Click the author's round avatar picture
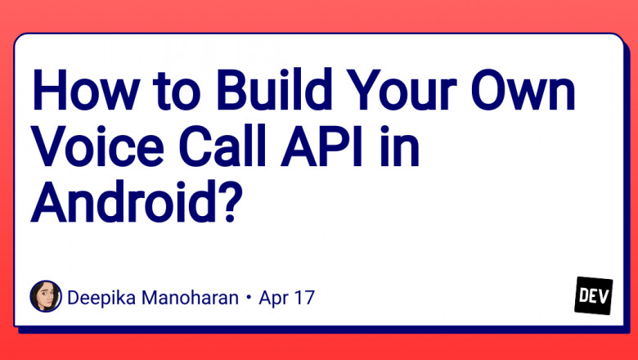[x=46, y=296]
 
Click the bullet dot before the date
[x=247, y=298]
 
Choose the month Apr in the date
[x=276, y=298]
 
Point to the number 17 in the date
[x=304, y=297]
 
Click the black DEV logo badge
[x=594, y=295]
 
